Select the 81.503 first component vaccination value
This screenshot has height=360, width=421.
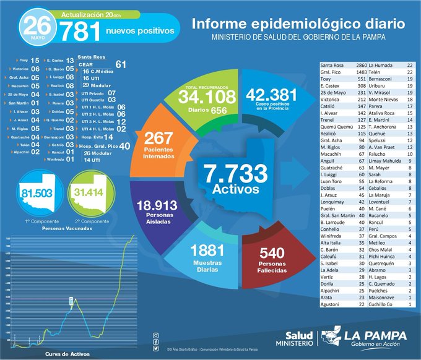38,193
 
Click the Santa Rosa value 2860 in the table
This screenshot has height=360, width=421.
358,65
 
